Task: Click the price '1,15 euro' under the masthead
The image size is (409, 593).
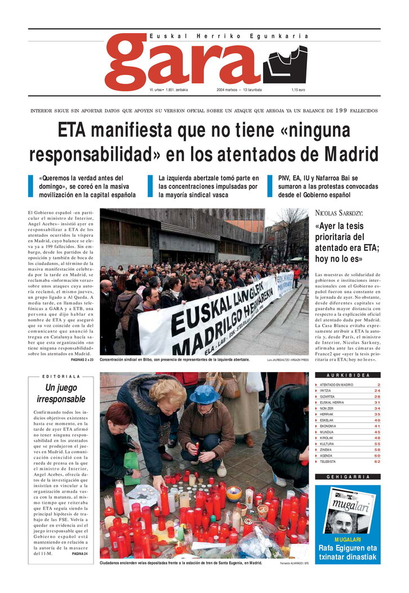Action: (298, 90)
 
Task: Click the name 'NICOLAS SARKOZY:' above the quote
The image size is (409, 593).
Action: (339, 213)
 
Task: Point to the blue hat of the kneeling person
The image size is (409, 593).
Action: (204, 394)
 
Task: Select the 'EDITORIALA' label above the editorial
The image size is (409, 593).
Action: (61, 377)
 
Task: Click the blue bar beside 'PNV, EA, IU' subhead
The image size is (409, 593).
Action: (270, 187)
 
